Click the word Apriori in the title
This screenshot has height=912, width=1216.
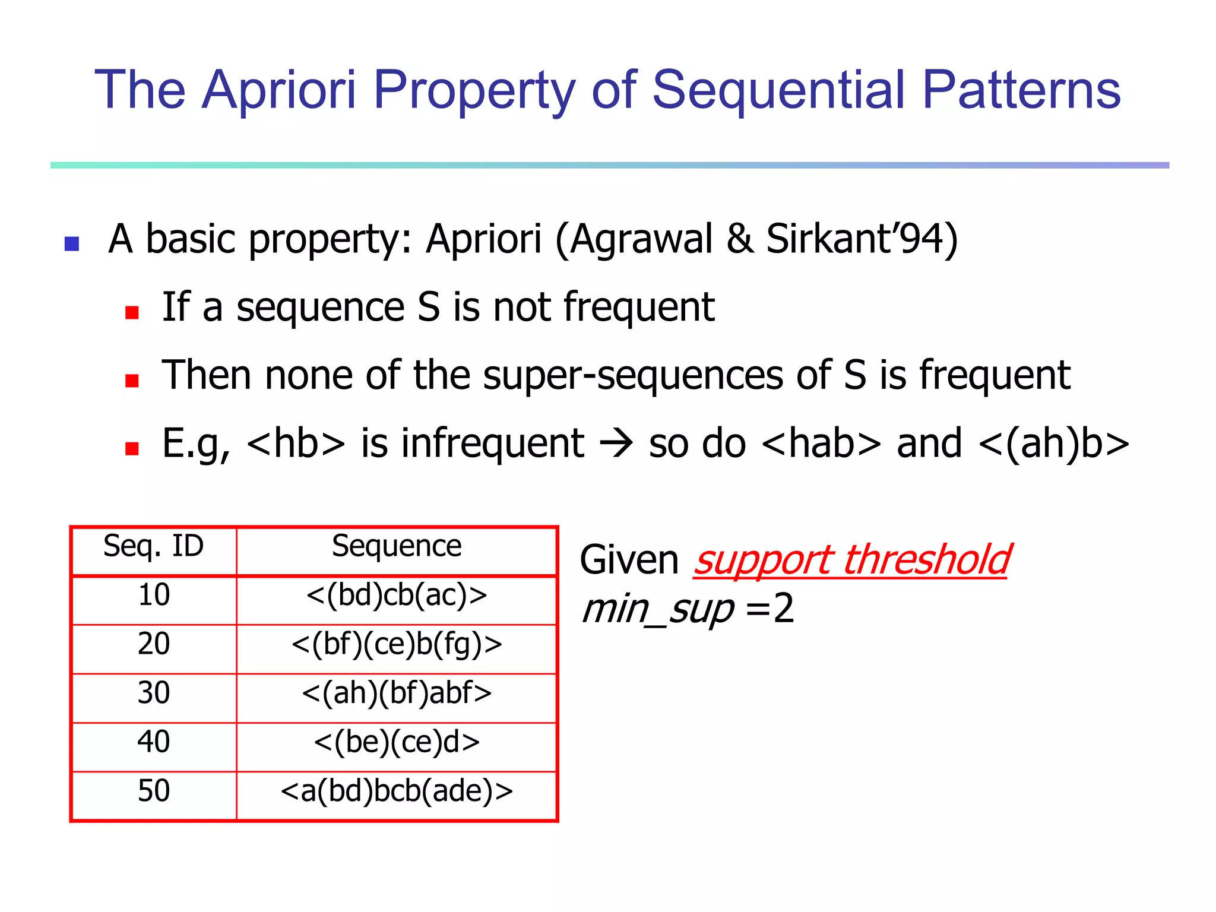278,90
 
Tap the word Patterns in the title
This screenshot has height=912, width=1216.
1021,90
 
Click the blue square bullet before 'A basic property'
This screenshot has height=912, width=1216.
72,243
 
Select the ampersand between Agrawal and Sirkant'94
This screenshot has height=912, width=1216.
740,239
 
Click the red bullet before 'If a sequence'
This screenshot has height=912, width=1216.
132,312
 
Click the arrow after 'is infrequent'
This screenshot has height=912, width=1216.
616,444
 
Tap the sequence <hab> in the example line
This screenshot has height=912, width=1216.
821,444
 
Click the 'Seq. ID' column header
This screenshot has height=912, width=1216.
153,546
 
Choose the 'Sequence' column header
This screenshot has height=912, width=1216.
396,546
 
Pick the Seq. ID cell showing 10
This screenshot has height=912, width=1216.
153,595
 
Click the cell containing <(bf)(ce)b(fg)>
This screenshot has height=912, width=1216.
396,644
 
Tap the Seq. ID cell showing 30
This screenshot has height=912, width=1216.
153,693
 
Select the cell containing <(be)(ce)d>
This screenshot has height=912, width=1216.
396,742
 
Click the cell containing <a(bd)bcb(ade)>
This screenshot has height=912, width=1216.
396,791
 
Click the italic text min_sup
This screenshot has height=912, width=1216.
658,609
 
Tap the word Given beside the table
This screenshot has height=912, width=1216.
629,560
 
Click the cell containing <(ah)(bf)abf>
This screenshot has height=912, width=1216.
396,693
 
